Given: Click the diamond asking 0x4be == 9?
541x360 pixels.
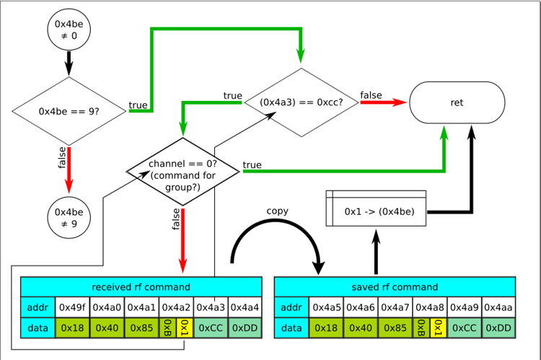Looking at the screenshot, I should pyautogui.click(x=69, y=111).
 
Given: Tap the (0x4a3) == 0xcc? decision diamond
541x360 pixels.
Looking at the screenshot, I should pyautogui.click(x=302, y=102).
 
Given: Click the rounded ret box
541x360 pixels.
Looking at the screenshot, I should pyautogui.click(x=457, y=102).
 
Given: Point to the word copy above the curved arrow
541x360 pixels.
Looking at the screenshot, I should pyautogui.click(x=278, y=211).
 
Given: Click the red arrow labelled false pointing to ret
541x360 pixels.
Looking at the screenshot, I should pyautogui.click(x=382, y=102).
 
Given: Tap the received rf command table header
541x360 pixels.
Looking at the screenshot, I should pyautogui.click(x=140, y=287).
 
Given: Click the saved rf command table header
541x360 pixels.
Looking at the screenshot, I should pyautogui.click(x=395, y=287).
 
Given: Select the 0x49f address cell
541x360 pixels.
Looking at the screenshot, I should pyautogui.click(x=72, y=307).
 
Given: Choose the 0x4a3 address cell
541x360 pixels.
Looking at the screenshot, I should pyautogui.click(x=211, y=307).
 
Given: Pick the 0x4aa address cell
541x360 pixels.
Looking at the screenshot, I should pyautogui.click(x=498, y=307).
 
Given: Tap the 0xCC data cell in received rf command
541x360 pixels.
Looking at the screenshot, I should pyautogui.click(x=211, y=328).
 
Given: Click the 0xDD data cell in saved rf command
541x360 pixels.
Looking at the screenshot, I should pyautogui.click(x=498, y=328).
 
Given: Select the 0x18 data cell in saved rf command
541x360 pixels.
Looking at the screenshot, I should pyautogui.click(x=327, y=328).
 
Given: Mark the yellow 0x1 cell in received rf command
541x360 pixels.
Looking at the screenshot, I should pyautogui.click(x=185, y=328).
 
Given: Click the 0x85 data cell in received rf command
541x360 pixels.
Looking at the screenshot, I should pyautogui.click(x=141, y=328).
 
